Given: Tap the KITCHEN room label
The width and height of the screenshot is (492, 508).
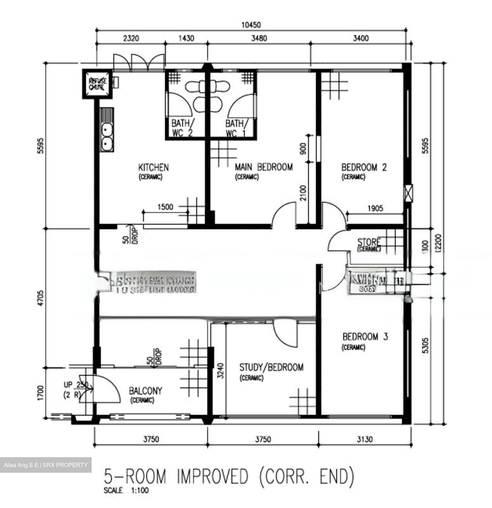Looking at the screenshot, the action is (153, 167).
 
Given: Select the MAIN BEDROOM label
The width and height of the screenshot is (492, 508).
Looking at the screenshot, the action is (264, 167).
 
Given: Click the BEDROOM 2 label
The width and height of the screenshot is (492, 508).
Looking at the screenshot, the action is (364, 167).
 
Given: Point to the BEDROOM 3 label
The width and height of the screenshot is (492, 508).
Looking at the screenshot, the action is (365, 337).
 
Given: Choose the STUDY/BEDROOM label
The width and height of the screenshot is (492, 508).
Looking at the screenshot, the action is (271, 368).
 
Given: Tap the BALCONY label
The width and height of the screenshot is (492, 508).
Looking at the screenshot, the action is (145, 391).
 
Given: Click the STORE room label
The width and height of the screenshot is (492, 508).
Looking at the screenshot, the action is (369, 242).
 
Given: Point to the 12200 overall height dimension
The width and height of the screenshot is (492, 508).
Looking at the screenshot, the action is (438, 243).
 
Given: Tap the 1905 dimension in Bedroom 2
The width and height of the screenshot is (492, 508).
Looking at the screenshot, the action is (375, 208).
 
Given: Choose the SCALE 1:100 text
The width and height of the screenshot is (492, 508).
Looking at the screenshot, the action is (126, 490).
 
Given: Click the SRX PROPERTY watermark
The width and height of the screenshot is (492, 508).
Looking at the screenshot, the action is (45, 465).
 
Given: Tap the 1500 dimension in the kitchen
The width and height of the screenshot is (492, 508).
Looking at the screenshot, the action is (165, 207).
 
